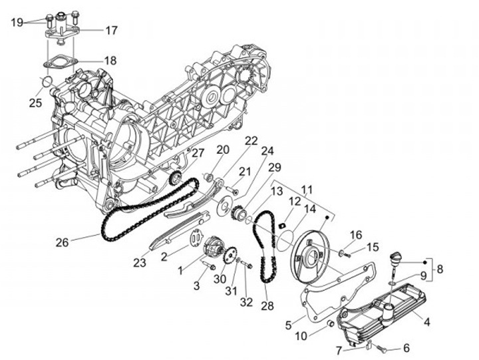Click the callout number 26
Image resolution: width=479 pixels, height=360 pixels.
[x=62, y=243]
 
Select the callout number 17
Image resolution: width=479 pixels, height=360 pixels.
[x=110, y=30]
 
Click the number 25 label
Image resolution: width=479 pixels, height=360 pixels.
[x=35, y=102]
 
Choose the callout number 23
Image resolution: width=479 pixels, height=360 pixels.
[x=139, y=263]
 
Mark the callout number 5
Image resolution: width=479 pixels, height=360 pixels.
[x=288, y=325]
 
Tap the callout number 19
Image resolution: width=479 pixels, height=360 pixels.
[x=18, y=22]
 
